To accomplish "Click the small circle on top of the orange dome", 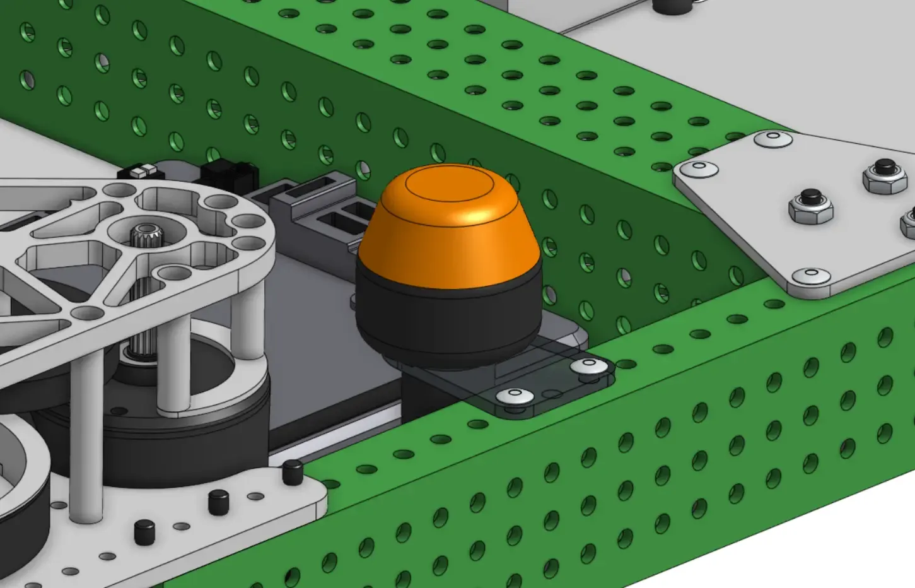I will click(x=449, y=184).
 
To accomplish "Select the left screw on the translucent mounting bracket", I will click(x=515, y=396).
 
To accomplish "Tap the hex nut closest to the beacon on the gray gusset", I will click(x=810, y=205).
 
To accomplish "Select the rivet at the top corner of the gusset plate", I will click(x=774, y=138).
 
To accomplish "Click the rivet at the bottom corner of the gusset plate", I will click(x=810, y=276).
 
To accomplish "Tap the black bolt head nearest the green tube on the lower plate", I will click(x=292, y=472).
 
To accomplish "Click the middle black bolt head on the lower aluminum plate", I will click(x=218, y=502).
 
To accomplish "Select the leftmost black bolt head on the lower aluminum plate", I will click(x=144, y=532).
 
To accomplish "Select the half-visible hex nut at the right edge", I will click(x=909, y=224).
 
